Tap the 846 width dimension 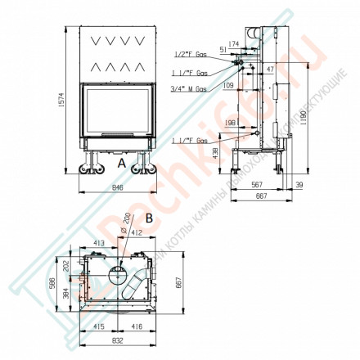122,187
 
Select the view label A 121,163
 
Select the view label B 149,219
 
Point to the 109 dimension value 228,84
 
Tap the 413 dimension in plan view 97,243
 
